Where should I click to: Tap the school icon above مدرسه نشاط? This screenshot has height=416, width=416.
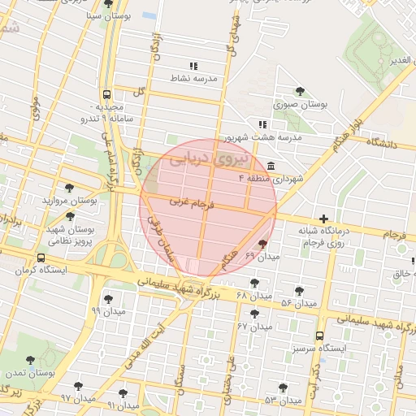193,66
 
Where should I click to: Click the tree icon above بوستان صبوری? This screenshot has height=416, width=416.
301,91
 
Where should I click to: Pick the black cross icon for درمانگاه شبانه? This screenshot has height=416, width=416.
324,218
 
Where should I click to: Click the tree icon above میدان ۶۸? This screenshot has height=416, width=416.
256,283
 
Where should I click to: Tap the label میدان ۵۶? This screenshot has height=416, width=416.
298,303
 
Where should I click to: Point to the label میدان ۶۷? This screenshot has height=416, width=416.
254,326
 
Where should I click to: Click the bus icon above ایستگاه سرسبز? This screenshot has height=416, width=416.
318,335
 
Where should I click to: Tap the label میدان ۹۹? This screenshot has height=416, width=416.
108,311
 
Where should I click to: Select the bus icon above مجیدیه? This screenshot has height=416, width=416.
108,93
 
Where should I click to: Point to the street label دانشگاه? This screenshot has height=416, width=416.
385,142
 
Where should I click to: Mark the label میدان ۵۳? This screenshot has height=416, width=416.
282,401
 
